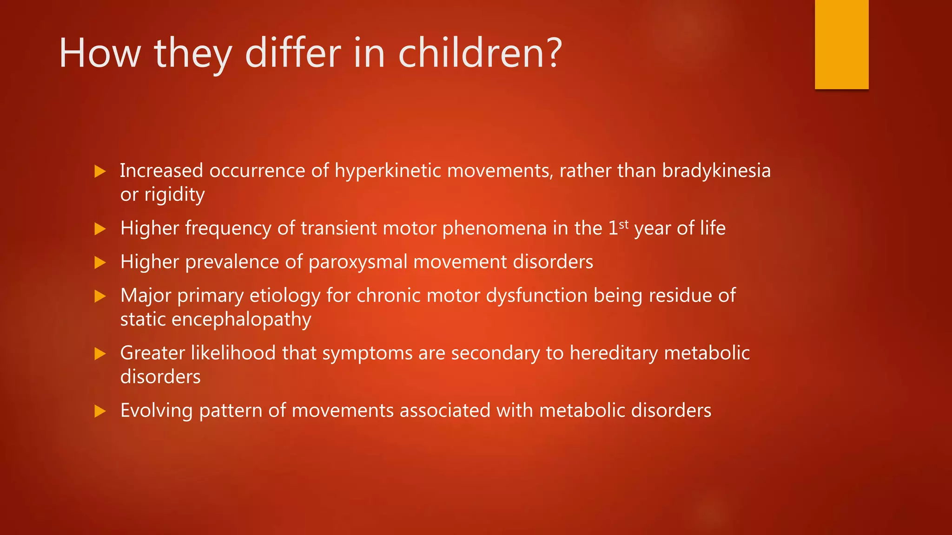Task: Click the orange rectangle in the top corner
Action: coord(841,44)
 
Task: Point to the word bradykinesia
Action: coord(716,171)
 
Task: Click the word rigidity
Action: coord(174,195)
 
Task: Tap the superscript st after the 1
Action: coord(624,224)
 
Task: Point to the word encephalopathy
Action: coord(241,320)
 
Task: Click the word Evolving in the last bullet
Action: coord(156,411)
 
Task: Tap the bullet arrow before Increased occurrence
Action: coord(100,171)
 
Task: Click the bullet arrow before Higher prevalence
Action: coord(100,263)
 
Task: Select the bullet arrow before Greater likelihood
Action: coord(100,354)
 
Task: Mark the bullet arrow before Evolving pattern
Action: coord(100,411)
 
